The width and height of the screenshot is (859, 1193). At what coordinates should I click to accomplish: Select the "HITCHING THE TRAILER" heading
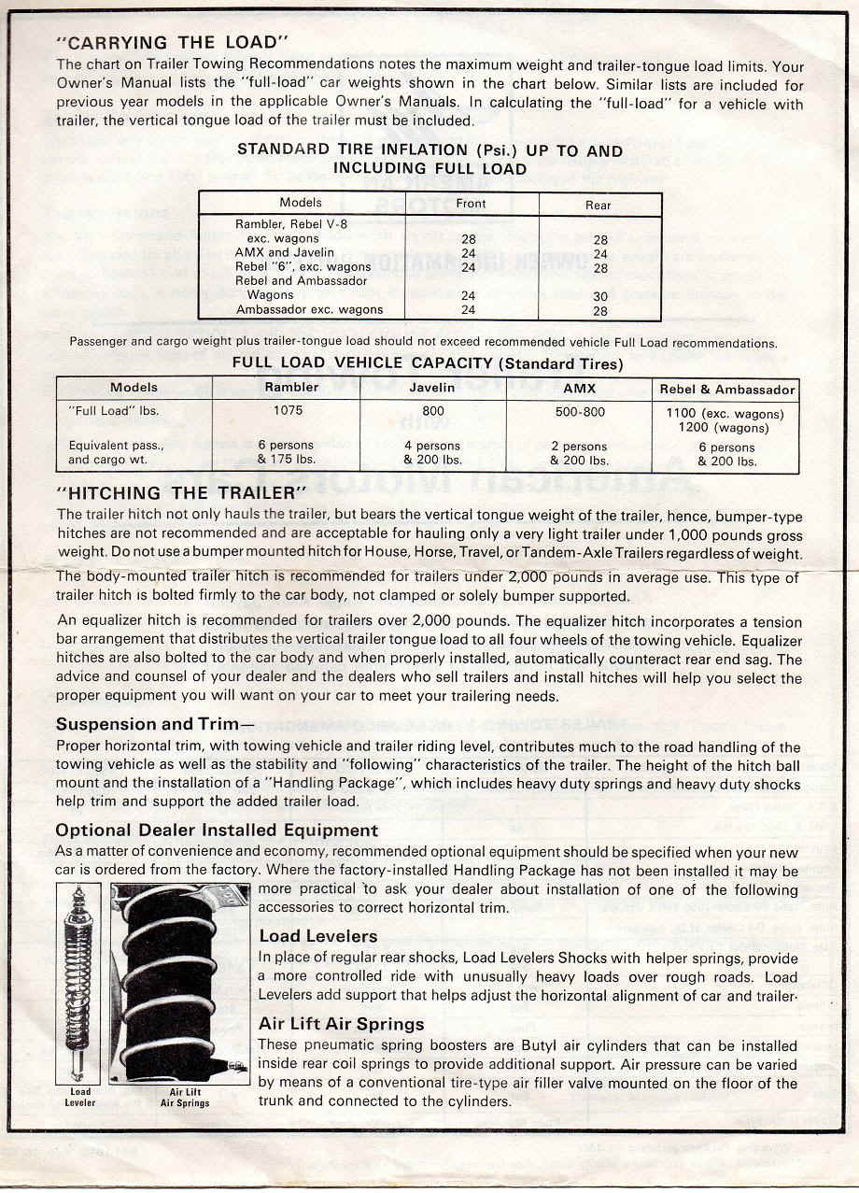tap(181, 492)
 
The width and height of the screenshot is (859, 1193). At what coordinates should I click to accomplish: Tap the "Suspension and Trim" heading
tap(154, 724)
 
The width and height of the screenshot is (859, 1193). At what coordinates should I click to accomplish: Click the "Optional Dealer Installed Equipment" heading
tap(217, 830)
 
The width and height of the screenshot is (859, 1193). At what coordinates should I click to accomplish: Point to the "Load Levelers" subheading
tap(318, 936)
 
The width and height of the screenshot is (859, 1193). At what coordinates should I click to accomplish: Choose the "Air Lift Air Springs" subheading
tap(341, 1024)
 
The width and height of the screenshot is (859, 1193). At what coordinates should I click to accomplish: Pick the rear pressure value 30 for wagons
tap(600, 296)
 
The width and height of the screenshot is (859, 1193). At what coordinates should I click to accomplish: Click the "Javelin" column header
tap(433, 388)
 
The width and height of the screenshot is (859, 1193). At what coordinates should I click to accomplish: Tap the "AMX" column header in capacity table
tap(580, 388)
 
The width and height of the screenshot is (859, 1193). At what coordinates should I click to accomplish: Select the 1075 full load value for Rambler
tap(287, 410)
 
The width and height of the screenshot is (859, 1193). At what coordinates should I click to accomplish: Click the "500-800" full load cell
tap(580, 411)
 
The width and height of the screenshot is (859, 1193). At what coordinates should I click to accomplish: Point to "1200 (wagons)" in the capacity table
tap(725, 428)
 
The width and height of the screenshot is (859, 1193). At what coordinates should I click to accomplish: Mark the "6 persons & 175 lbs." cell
tap(287, 453)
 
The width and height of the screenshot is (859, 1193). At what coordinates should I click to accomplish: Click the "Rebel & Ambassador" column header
tap(727, 390)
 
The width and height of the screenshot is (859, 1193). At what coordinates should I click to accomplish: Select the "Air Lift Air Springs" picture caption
tap(185, 1097)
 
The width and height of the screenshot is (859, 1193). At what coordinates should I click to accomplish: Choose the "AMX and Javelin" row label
tap(276, 252)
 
